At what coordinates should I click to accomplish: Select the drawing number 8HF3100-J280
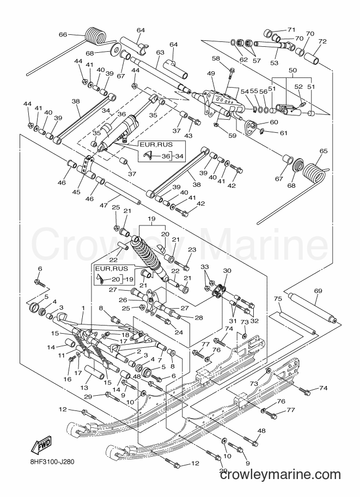pyautogui.click(x=51, y=462)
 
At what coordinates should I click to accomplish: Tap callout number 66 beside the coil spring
pyautogui.click(x=63, y=34)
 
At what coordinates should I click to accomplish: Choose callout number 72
pyautogui.click(x=322, y=41)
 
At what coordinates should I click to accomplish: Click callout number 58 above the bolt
pyautogui.click(x=224, y=58)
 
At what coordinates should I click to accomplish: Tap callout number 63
pyautogui.click(x=160, y=52)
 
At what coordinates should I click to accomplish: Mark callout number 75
pyautogui.click(x=278, y=298)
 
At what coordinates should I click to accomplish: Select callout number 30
pyautogui.click(x=227, y=271)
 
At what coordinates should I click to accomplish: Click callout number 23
pyautogui.click(x=192, y=249)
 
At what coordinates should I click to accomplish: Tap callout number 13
pyautogui.click(x=84, y=388)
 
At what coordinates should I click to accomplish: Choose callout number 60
pyautogui.click(x=274, y=122)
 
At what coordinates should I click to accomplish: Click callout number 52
pyautogui.click(x=298, y=87)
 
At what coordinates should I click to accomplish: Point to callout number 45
pyautogui.click(x=76, y=192)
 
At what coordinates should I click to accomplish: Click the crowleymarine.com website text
pyautogui.click(x=280, y=475)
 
